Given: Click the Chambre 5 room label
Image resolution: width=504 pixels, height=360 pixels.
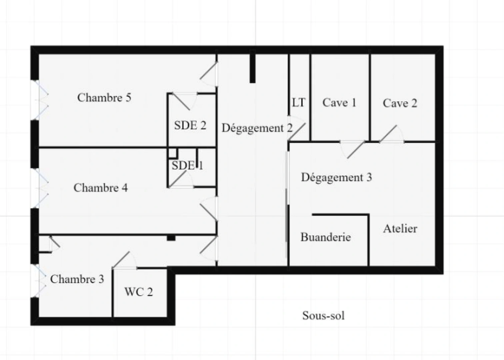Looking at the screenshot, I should (104, 98).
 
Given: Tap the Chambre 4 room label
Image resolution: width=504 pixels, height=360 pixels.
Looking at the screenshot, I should (100, 188).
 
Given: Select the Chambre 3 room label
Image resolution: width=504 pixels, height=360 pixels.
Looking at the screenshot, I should (77, 279).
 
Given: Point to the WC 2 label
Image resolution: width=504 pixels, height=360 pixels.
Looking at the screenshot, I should (139, 292).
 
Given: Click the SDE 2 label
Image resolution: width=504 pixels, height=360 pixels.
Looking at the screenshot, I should (190, 126).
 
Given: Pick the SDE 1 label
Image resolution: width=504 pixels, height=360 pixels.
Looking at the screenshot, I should (187, 165).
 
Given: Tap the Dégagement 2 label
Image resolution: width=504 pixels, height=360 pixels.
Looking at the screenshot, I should (257, 128).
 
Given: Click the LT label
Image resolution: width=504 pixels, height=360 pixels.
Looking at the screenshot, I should (299, 103).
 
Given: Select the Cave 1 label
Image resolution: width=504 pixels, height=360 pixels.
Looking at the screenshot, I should (339, 103).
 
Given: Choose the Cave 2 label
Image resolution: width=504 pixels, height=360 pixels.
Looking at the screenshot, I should (400, 103).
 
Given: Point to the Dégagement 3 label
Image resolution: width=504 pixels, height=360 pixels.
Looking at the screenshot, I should (336, 177).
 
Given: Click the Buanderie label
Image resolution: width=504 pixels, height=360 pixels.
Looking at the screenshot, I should (326, 237).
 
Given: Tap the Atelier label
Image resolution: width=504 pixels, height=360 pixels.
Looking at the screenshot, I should (400, 229).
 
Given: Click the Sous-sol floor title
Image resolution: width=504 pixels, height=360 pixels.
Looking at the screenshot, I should (323, 315).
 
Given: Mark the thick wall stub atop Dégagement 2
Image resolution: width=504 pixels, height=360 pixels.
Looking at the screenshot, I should (253, 67).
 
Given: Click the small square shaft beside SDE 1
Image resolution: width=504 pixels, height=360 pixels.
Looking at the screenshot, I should (172, 153).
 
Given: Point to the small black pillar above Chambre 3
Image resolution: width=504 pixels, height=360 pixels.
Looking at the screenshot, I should (171, 238).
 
